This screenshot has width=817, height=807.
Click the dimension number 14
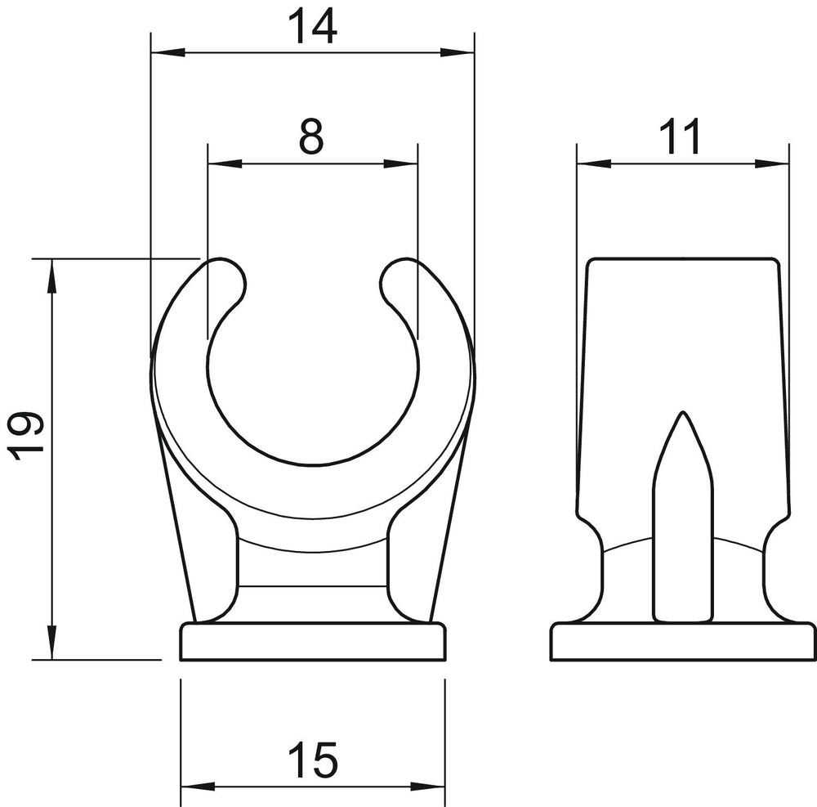313,26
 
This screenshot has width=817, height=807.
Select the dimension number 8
311,136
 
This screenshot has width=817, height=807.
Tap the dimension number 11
680,136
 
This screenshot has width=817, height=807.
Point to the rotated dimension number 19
26,436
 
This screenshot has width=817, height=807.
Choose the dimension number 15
313,760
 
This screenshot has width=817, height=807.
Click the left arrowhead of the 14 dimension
167,52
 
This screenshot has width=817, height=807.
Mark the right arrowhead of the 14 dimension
457,52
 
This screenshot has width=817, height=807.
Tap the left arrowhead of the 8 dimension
225,164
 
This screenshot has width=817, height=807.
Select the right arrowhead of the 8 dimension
400,164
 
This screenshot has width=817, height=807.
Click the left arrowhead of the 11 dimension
594,164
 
